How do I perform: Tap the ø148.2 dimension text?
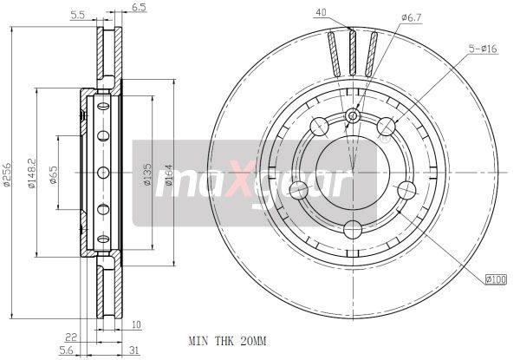pos(31,173)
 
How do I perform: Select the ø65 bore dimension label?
pos(53,174)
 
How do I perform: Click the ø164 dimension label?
pos(168,174)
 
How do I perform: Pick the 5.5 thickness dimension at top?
pos(78,15)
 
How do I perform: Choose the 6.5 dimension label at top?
pos(139,7)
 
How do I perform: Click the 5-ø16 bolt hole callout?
pos(483,49)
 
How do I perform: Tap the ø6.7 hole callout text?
pos(411,18)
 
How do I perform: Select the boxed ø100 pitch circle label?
pos(496,279)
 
